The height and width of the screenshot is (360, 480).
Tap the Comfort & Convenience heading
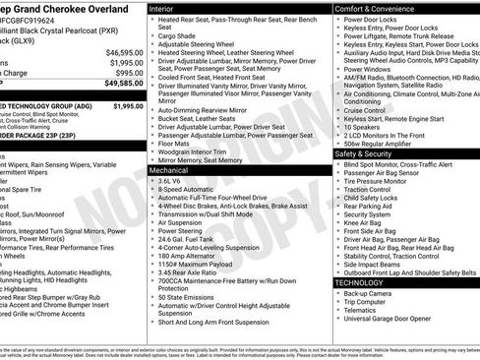(376, 7)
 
